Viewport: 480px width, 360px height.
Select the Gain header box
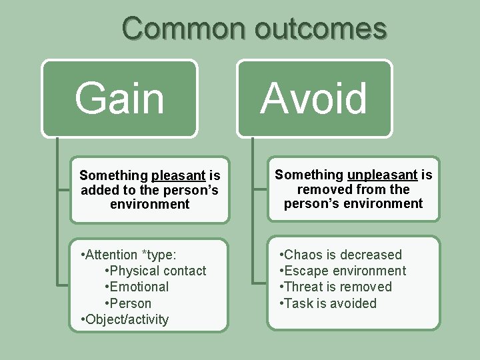[120, 99]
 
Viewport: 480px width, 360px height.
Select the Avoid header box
[314, 99]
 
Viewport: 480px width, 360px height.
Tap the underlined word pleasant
[178, 175]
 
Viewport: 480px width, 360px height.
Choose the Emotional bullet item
[139, 287]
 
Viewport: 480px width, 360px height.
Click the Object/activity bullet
[127, 319]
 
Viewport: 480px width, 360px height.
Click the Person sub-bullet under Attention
[131, 303]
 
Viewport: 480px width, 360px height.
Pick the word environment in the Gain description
[149, 204]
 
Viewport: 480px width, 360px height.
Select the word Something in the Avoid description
[309, 175]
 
